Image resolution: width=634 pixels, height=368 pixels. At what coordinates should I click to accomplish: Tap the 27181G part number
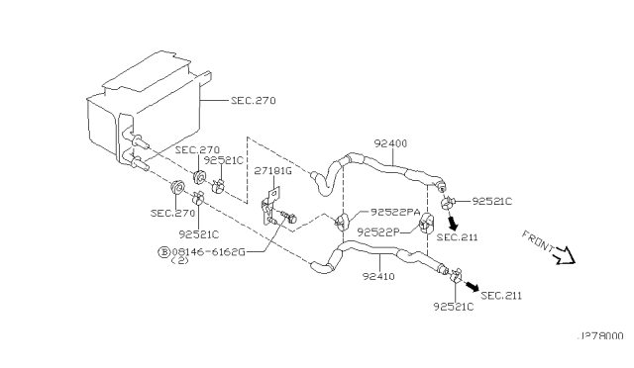tap(272, 170)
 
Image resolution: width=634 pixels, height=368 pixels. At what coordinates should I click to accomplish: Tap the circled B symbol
tap(162, 252)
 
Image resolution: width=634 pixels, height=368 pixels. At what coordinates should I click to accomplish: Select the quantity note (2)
tap(179, 262)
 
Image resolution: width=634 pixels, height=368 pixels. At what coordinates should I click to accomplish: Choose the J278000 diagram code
tap(599, 335)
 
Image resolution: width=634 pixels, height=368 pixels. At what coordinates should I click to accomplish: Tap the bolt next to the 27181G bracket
tap(288, 216)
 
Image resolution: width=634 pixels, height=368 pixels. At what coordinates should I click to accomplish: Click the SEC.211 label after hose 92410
tap(500, 295)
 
